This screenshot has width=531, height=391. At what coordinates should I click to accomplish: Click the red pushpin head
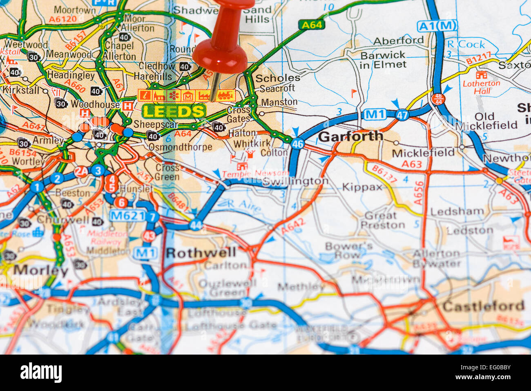tap(221, 53)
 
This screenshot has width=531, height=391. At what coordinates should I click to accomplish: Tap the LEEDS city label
tap(173, 111)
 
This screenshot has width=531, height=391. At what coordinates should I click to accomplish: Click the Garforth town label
tap(350, 136)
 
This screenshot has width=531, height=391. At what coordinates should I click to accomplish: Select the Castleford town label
tap(483, 306)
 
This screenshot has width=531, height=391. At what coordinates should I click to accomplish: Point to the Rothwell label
tap(201, 253)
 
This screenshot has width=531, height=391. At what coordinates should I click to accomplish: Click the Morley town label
tap(40, 270)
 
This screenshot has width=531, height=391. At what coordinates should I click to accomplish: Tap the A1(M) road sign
tap(437, 26)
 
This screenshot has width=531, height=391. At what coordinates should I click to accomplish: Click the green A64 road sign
tap(312, 25)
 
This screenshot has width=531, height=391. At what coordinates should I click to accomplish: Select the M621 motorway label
tap(127, 216)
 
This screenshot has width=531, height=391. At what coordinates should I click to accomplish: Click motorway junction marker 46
tap(298, 144)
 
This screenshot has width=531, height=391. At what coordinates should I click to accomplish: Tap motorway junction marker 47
tap(402, 115)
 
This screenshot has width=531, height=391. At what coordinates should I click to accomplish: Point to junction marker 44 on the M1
tap(196, 225)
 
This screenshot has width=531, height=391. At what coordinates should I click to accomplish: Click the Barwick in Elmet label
tap(383, 60)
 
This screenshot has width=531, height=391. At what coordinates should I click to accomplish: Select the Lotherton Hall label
tap(481, 86)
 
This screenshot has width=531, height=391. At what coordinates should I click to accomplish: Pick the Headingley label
tap(71, 75)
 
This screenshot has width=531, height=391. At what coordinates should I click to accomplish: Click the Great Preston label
tap(382, 220)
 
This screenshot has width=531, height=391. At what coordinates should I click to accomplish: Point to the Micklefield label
tap(423, 153)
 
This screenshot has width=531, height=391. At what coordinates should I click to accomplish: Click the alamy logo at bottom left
tap(41, 373)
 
